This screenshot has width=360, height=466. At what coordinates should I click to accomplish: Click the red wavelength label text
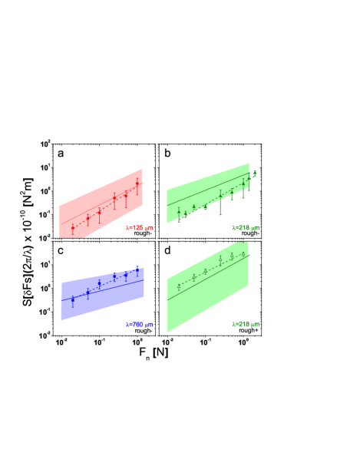(139, 228)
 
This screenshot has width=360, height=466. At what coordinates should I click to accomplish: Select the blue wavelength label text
(139, 325)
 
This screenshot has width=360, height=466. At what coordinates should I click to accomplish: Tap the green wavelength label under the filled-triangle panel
(246, 228)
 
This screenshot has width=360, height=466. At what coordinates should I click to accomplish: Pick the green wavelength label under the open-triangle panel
(246, 325)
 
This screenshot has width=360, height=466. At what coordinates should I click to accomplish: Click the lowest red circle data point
(73, 228)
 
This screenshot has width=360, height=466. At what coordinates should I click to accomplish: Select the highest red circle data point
(137, 184)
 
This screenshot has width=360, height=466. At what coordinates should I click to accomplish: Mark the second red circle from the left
(88, 220)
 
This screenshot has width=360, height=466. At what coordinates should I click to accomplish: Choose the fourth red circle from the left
(114, 198)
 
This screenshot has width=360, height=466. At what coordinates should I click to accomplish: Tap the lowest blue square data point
(73, 299)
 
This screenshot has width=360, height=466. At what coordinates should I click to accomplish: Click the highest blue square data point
(137, 269)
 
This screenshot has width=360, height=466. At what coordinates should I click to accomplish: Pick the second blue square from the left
(88, 292)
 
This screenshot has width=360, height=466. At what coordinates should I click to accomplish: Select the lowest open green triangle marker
(179, 286)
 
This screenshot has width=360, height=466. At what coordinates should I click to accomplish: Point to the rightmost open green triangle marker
(243, 254)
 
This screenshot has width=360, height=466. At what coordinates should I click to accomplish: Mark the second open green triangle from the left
(193, 276)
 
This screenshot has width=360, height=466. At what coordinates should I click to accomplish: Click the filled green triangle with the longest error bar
(220, 197)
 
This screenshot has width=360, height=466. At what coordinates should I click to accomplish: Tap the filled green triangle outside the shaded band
(255, 173)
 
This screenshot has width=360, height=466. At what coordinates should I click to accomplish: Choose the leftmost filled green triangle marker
(179, 213)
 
